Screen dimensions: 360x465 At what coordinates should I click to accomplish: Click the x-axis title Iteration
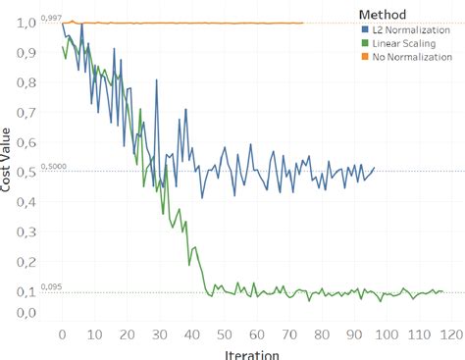[x=252, y=354]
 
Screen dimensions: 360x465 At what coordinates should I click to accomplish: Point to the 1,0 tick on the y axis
[x=21, y=23]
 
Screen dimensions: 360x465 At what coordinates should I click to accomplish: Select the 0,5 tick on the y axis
[x=21, y=171]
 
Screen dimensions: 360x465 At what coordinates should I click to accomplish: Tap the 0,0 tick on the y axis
[x=21, y=314]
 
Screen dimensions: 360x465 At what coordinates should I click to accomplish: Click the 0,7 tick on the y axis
[x=21, y=112]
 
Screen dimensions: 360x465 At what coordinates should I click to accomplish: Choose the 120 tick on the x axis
[x=451, y=334]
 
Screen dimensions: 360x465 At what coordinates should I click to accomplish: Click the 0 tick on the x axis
[x=62, y=334]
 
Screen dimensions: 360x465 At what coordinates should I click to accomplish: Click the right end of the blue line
[x=374, y=168]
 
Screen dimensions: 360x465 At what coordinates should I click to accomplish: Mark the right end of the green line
[x=442, y=292]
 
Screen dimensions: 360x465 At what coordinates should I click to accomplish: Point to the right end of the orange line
[x=303, y=23]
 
